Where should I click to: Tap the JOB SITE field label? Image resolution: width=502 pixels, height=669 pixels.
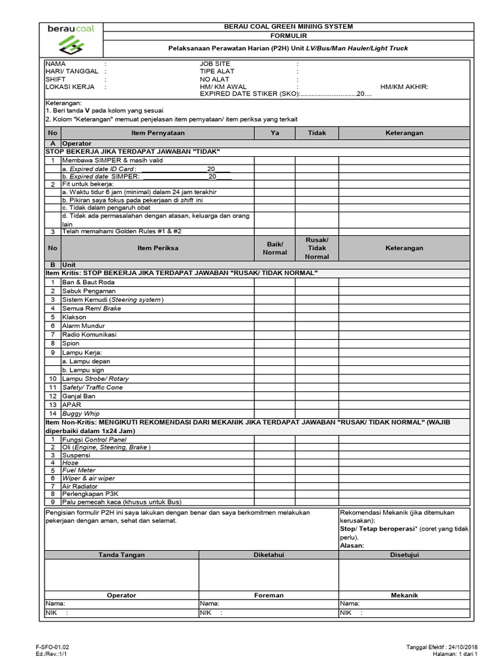point(215,64)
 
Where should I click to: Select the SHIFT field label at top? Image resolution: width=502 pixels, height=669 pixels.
point(56,78)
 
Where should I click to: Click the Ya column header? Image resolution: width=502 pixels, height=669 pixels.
point(275,133)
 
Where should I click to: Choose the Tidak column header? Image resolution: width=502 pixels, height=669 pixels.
point(316,133)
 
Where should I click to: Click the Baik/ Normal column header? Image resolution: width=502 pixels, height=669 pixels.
point(275,248)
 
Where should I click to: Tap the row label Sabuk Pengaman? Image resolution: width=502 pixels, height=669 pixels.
point(89,290)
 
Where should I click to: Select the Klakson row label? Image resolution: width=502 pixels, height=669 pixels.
point(74,317)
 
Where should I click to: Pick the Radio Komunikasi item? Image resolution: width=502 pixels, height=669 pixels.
point(89,334)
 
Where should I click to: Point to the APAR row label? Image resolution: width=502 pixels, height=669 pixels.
point(71,405)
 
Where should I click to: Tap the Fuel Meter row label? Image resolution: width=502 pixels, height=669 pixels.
point(78,470)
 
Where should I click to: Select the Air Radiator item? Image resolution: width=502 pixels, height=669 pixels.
point(80,486)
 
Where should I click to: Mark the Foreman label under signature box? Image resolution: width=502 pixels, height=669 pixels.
point(269,595)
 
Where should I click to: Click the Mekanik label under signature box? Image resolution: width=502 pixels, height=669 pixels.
point(404,595)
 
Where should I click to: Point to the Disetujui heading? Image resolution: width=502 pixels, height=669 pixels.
point(404,555)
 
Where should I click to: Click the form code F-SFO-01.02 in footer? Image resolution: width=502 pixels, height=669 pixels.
point(53,647)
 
